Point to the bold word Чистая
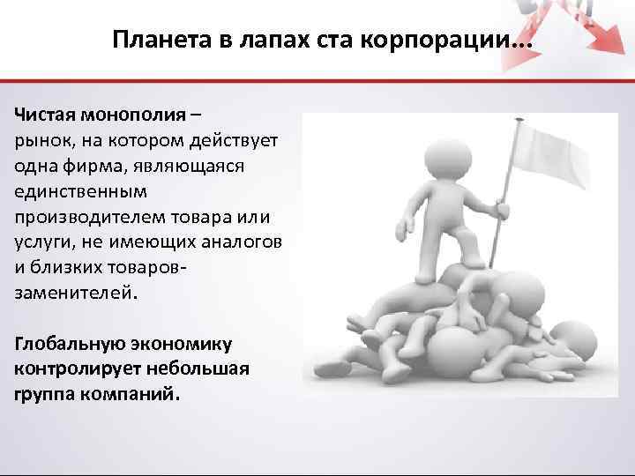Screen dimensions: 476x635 pyautogui.click(x=45, y=116)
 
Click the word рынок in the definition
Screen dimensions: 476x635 pyautogui.click(x=37, y=141)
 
